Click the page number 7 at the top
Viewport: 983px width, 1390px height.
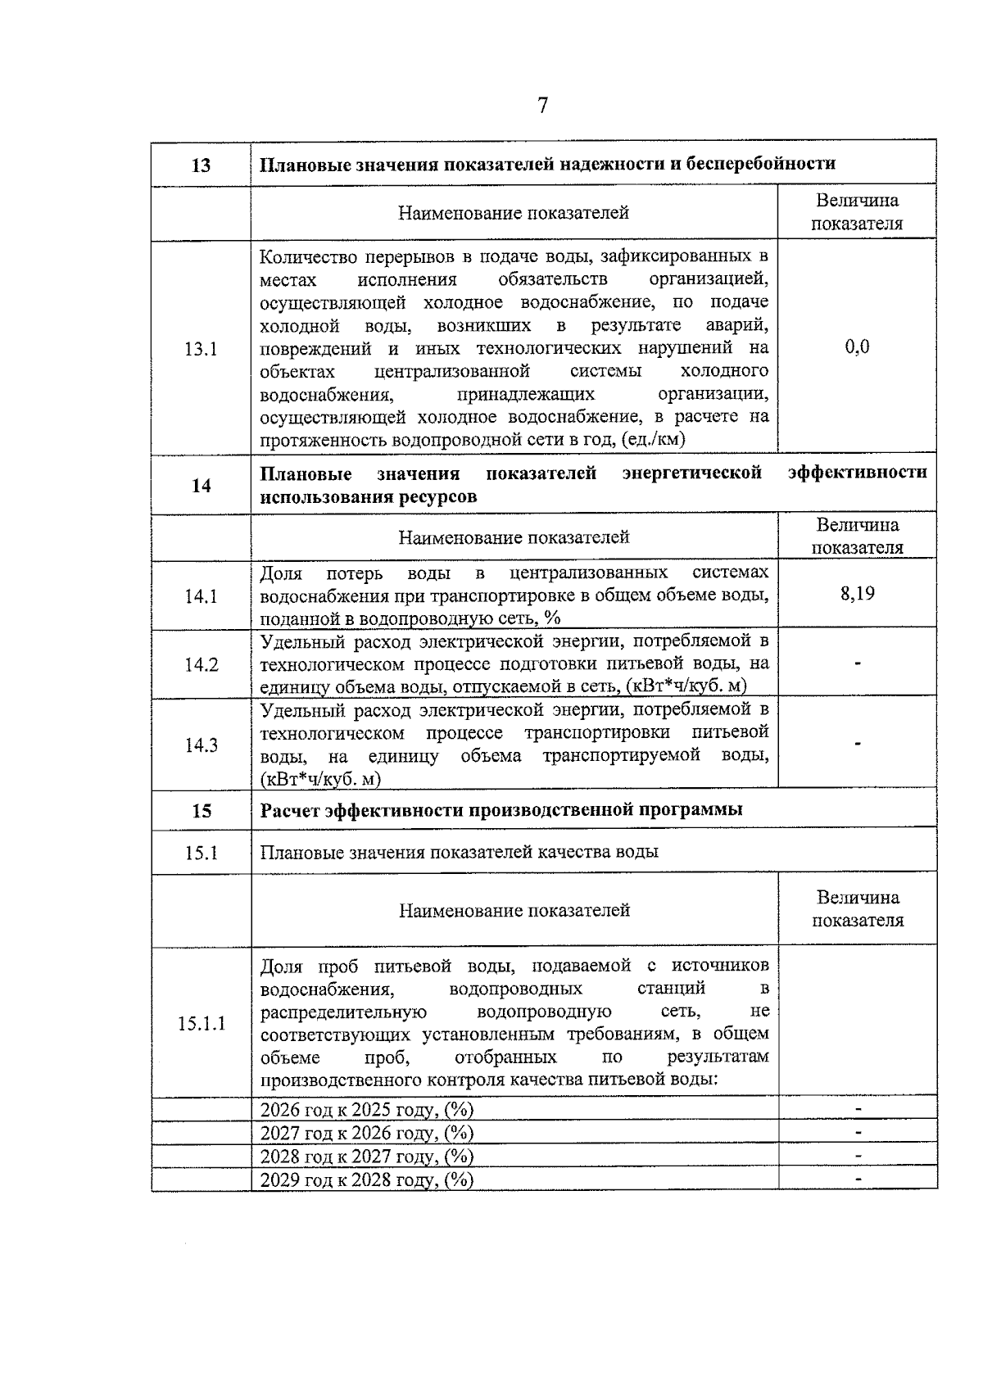(x=542, y=106)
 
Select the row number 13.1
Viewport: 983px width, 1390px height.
(x=201, y=349)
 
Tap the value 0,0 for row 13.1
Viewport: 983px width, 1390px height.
(x=857, y=347)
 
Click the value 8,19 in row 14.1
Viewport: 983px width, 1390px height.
(x=857, y=594)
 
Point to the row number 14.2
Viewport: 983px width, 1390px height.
(x=201, y=664)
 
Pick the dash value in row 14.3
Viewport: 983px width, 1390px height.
(x=858, y=744)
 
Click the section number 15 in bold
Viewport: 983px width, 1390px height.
(x=201, y=811)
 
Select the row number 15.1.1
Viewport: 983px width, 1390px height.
(x=201, y=1023)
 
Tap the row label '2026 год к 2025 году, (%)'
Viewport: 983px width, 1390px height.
(x=367, y=1110)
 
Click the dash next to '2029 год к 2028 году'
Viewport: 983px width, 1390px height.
(x=858, y=1179)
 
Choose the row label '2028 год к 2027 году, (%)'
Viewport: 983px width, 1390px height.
(x=367, y=1157)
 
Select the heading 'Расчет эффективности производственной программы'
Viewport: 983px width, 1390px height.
(x=501, y=810)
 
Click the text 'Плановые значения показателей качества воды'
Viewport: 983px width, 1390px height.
(x=459, y=852)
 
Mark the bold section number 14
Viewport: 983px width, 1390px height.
(x=201, y=486)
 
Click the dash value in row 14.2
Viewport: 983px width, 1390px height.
(x=858, y=664)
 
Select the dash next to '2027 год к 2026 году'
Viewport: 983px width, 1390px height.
(x=858, y=1133)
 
